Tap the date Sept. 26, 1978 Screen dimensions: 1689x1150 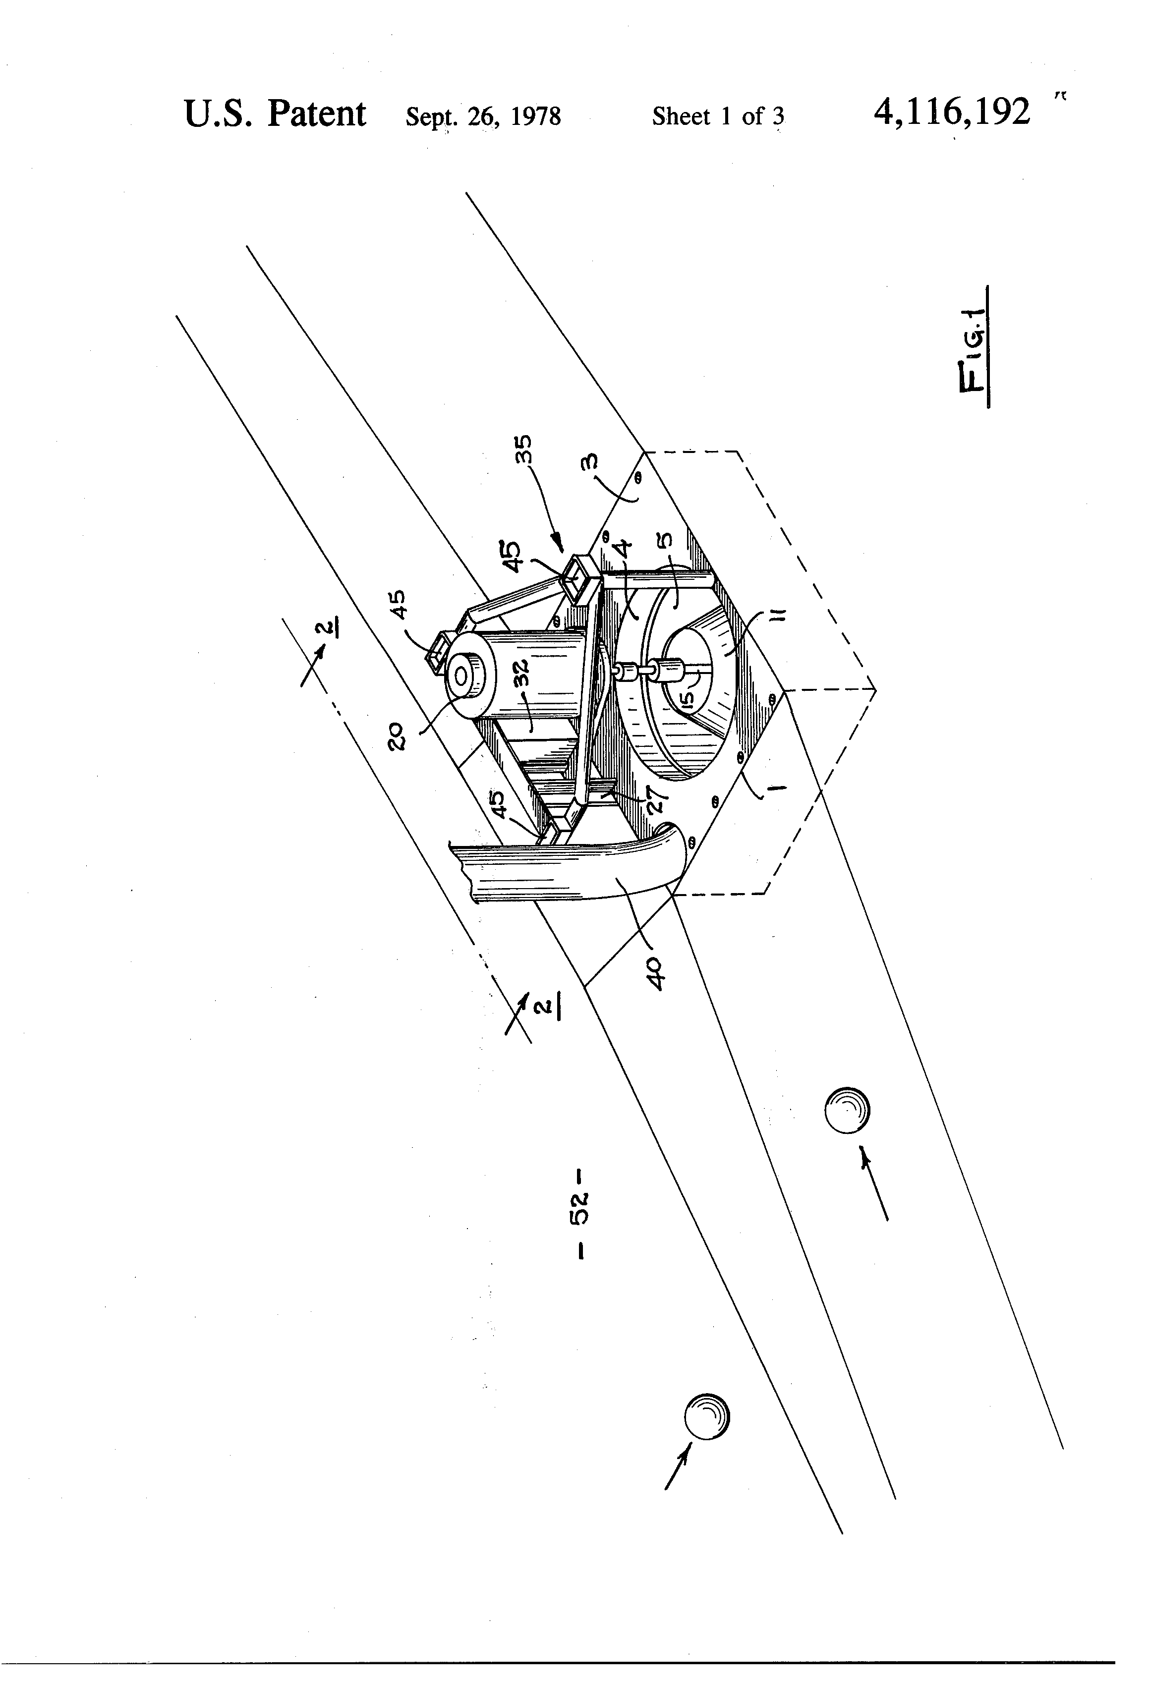pyautogui.click(x=483, y=116)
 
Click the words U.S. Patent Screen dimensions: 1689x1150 pyautogui.click(x=274, y=114)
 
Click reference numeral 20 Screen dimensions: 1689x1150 pyautogui.click(x=399, y=737)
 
